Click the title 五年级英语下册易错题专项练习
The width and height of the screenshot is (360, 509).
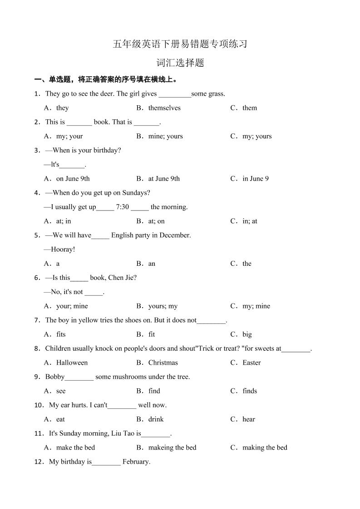(180, 44)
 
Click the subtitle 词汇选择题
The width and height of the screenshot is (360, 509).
(180, 63)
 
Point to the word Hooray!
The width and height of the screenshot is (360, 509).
(63, 250)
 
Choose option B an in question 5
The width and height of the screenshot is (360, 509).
(152, 264)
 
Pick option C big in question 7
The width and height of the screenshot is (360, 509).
(247, 334)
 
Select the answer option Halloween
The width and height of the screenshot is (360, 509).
(72, 363)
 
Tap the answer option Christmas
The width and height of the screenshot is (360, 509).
(163, 363)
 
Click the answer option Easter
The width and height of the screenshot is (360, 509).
(252, 363)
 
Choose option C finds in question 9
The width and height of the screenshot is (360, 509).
(249, 391)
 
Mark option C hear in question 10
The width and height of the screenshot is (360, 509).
(248, 419)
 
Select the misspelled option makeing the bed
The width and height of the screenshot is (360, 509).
(172, 448)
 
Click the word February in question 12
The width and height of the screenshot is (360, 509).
(136, 462)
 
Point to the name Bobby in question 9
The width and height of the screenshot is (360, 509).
(55, 377)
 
